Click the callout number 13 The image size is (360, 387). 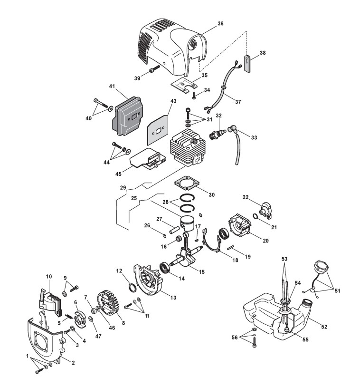pos(173,298)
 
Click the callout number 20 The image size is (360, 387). pos(265,241)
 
